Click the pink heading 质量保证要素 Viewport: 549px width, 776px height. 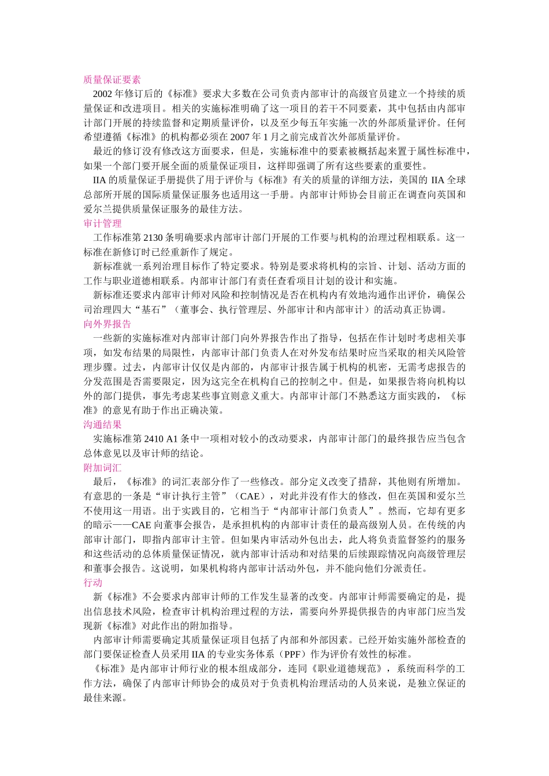pyautogui.click(x=112, y=80)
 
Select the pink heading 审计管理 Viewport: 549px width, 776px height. pyautogui.click(x=102, y=223)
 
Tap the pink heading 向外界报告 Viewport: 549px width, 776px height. pyautogui.click(x=107, y=324)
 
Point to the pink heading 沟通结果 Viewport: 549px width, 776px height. pyautogui.click(x=102, y=424)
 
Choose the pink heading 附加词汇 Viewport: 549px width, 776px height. pyautogui.click(x=102, y=467)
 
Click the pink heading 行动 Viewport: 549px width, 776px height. pyautogui.click(x=93, y=583)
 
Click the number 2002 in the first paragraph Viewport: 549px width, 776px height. pyautogui.click(x=102, y=94)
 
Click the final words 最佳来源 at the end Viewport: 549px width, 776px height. pyautogui.click(x=102, y=697)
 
